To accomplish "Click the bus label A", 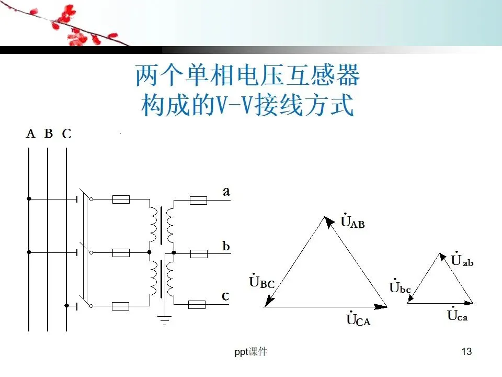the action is point(30,134).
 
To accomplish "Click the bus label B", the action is point(49,134).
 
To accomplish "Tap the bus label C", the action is point(66,135).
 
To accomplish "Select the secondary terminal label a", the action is point(226,192).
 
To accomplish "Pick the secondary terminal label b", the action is point(226,246).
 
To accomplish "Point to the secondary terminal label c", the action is point(225,296).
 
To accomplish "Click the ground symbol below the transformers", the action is point(165,319).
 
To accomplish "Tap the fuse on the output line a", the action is point(198,200).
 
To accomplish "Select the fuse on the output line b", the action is point(198,254).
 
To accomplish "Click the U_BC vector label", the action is point(261,282).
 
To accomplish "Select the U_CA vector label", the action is point(358,319).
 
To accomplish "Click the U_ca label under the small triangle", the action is point(458,315).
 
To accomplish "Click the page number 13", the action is point(467,351).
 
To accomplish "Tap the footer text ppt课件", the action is point(250,352).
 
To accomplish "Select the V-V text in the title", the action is point(231,105).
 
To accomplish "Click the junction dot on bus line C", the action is point(66,305).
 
